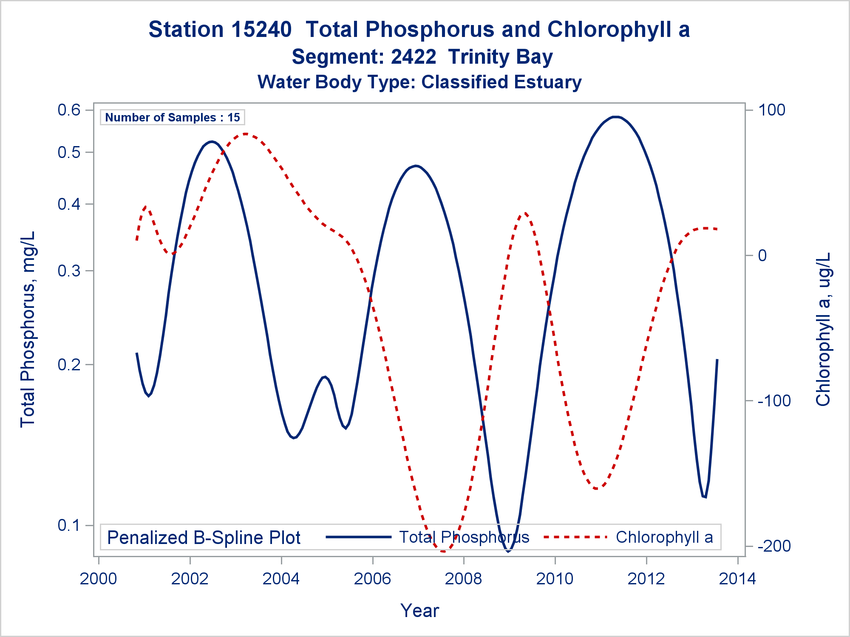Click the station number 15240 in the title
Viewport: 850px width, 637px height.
point(261,30)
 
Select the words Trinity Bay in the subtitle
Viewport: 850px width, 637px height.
point(500,57)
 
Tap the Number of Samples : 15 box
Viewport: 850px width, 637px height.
point(173,117)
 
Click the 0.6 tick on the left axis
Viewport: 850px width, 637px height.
point(69,110)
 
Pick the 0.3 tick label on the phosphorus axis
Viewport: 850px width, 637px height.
point(69,271)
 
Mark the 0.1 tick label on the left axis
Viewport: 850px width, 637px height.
point(69,525)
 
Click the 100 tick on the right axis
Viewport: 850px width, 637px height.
point(772,110)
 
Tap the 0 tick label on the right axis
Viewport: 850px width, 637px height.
point(762,255)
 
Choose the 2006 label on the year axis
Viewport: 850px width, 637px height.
point(372,578)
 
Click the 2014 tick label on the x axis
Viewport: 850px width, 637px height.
point(737,578)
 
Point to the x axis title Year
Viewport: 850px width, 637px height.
point(419,610)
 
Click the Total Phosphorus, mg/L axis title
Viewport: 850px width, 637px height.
point(28,329)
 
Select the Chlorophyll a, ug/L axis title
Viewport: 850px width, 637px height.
point(823,329)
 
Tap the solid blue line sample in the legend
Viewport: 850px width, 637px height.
point(358,537)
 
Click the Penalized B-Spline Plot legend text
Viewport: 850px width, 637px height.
point(204,538)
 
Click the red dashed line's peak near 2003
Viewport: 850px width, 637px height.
point(246,134)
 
